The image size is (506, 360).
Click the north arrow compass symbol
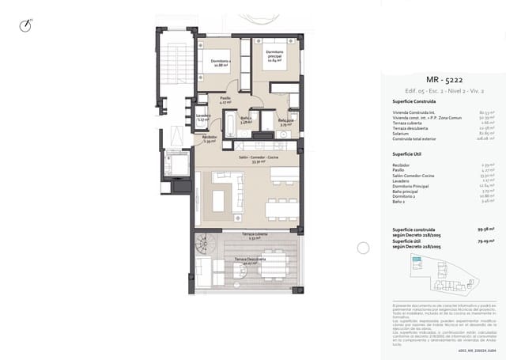click(x=28, y=25)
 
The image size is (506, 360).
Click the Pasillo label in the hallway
click(x=225, y=100)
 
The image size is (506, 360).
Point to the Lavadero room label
click(x=202, y=119)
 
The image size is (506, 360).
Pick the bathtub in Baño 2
click(x=229, y=123)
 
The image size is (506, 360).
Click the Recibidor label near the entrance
click(x=209, y=138)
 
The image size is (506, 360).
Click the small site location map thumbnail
click(x=441, y=277)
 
